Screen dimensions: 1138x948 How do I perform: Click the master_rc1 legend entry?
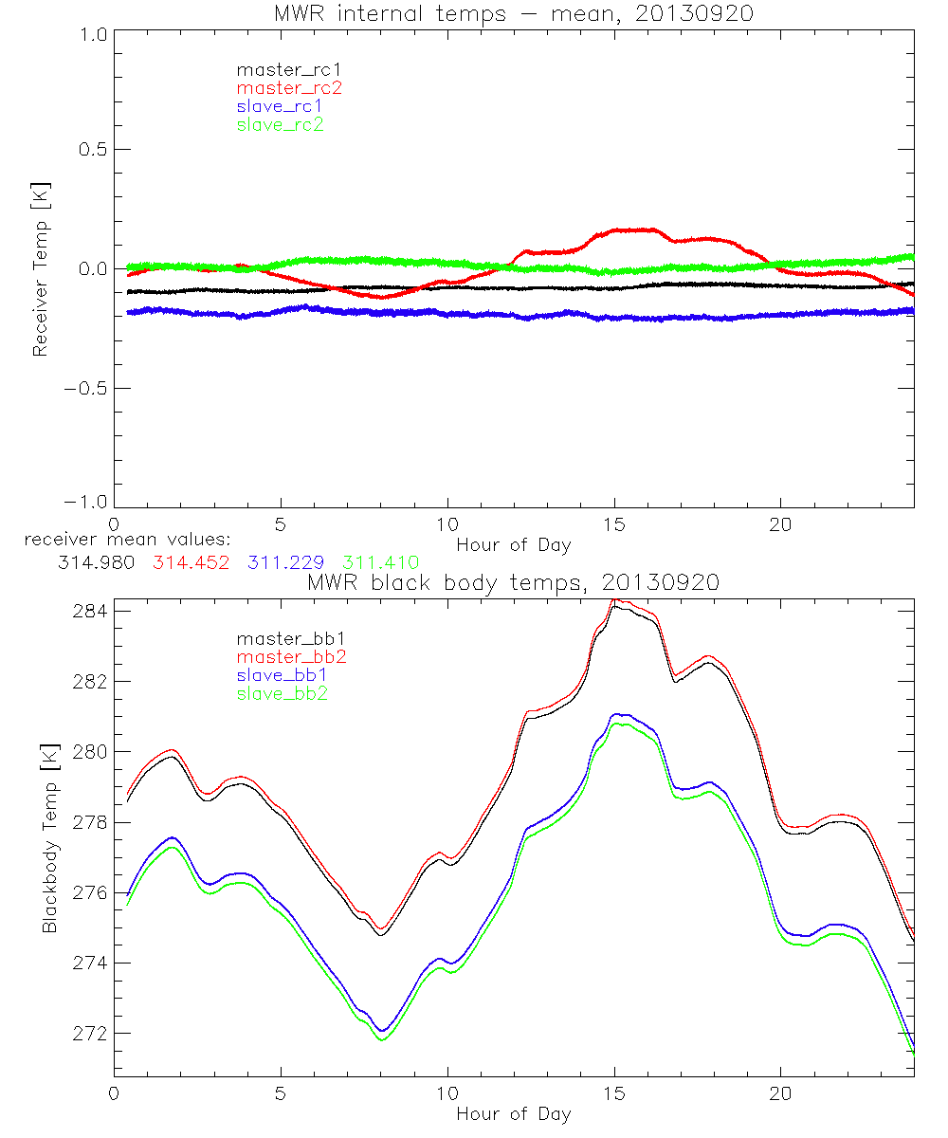(x=280, y=69)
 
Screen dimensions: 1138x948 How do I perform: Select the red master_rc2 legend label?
(x=289, y=87)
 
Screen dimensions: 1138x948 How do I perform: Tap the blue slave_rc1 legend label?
(x=280, y=105)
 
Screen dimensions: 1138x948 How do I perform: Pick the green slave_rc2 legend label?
(x=280, y=123)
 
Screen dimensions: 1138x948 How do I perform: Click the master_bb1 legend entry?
(x=285, y=639)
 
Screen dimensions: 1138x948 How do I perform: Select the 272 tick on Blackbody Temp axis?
(x=91, y=1033)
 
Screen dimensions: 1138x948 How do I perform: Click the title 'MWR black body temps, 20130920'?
(x=513, y=583)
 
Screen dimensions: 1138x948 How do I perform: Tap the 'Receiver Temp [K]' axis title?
(x=41, y=268)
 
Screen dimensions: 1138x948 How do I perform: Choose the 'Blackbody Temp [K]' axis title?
(x=49, y=837)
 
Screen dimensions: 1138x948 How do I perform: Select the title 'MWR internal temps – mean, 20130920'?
(x=513, y=14)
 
